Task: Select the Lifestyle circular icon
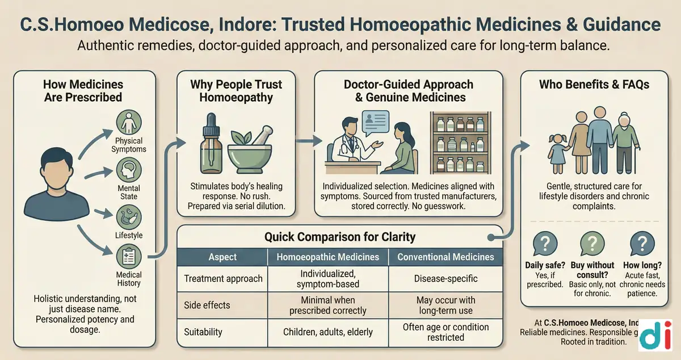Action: coord(128,217)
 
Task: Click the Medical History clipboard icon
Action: coord(128,257)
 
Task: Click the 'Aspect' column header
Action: coord(222,257)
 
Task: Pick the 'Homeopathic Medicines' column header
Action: coord(328,257)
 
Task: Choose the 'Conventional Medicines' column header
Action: coord(445,257)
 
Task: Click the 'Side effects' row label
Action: coord(208,305)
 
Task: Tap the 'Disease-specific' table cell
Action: coord(445,279)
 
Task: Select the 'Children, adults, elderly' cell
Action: coord(328,331)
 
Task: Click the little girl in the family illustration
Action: coord(557,149)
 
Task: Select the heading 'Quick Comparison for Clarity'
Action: coord(340,237)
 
